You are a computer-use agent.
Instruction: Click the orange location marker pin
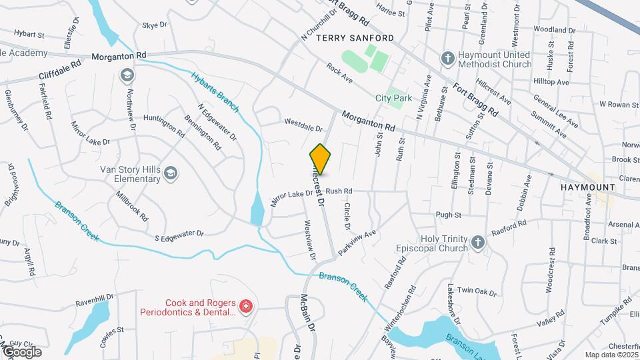pyautogui.click(x=321, y=159)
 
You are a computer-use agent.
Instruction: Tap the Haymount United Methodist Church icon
pyautogui.click(x=448, y=59)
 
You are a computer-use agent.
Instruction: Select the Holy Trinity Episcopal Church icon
pyautogui.click(x=477, y=243)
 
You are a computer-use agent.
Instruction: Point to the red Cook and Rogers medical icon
pyautogui.click(x=245, y=307)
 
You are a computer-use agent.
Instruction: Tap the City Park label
pyautogui.click(x=393, y=98)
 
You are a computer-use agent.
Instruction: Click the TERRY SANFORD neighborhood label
pyautogui.click(x=355, y=38)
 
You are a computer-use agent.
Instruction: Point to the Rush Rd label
pyautogui.click(x=339, y=191)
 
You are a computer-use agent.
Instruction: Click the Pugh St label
pyautogui.click(x=448, y=215)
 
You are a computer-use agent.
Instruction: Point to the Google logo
pyautogui.click(x=22, y=351)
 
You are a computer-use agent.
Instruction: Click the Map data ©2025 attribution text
pyautogui.click(x=610, y=355)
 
